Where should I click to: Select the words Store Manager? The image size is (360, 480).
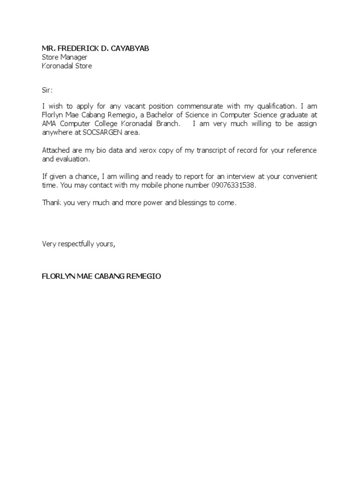point(65,57)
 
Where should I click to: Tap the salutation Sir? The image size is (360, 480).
point(48,89)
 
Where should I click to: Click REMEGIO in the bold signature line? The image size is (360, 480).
point(142,276)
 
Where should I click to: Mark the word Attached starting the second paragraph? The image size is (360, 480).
point(57,150)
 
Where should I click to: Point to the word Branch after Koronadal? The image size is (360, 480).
point(166,124)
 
